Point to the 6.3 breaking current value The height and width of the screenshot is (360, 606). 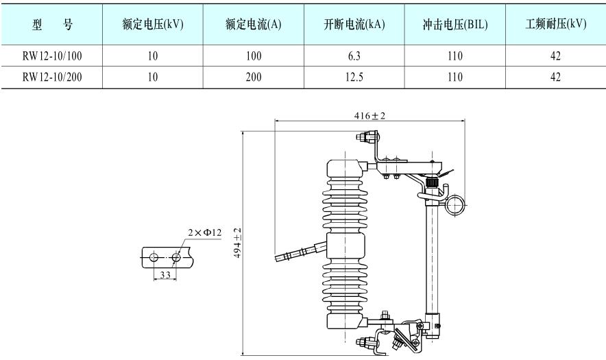[354, 56]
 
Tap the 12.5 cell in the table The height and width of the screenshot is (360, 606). [354, 77]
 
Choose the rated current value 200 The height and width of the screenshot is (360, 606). [253, 77]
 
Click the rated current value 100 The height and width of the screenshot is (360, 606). [253, 56]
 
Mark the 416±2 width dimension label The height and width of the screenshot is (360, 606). [369, 115]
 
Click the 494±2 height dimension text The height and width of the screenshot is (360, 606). [237, 243]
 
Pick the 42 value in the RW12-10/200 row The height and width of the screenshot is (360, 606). [555, 77]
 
